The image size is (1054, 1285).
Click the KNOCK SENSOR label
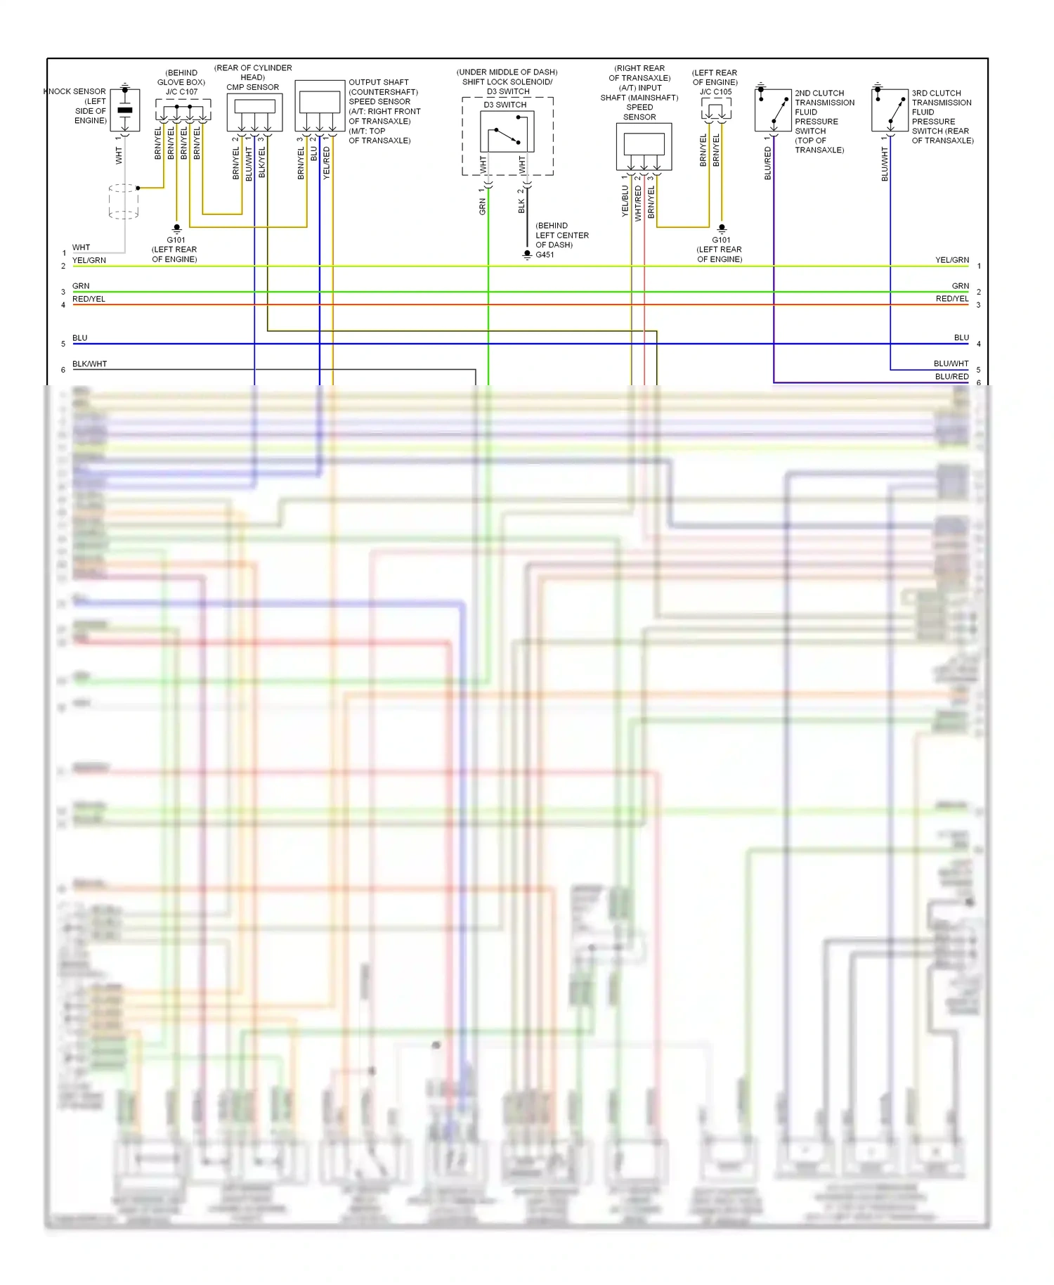coord(75,91)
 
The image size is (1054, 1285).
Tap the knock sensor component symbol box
coord(125,110)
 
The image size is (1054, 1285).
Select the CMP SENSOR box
coord(254,112)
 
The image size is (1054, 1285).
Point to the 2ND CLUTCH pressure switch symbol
coord(773,110)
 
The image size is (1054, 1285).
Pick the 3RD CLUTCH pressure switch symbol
coord(890,110)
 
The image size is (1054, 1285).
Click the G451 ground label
coord(545,254)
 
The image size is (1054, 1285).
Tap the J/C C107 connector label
coord(181,92)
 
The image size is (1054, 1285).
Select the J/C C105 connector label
coord(715,92)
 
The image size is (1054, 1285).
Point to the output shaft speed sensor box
coord(320,106)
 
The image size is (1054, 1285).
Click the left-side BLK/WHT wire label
coord(89,364)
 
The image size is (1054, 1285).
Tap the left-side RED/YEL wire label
coord(89,299)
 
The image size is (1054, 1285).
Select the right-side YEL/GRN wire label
coord(951,260)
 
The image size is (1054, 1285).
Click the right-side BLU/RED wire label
coord(951,377)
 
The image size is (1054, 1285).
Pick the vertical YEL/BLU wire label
coord(625,201)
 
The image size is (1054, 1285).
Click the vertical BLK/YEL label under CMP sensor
coord(262,162)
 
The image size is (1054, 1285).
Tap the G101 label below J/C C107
coord(176,240)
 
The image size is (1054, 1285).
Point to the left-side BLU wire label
coord(80,338)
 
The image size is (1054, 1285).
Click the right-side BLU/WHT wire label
coord(951,364)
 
